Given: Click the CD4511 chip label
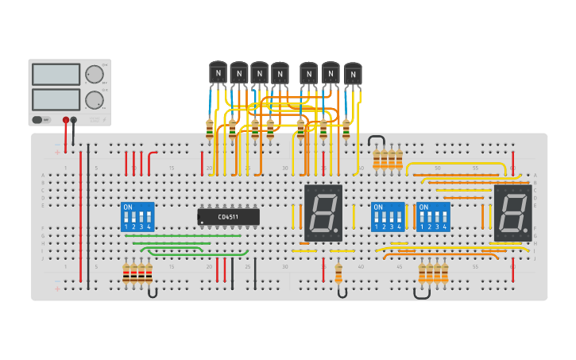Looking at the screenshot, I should pos(229,216).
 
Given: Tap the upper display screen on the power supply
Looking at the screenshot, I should pos(56,75).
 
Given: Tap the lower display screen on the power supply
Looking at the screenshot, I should pos(56,99).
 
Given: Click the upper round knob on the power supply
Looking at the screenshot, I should pos(95,75).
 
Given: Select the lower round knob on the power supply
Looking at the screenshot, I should pos(95,100).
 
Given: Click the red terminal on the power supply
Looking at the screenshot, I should pos(65,120).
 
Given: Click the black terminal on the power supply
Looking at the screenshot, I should pos(74,120).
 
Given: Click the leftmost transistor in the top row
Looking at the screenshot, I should pos(218,72).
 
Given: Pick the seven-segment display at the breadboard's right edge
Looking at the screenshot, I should pos(512,213).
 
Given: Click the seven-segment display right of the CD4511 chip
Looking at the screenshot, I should pos(323,213).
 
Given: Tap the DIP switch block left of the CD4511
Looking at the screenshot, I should pos(137,216).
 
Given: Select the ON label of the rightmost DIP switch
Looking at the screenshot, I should pos(424,207).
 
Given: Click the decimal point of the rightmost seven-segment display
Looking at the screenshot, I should pos(527,232).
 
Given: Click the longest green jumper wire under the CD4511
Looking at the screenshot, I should pos(183,235).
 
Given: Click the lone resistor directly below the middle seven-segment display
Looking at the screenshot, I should pos(338,274).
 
